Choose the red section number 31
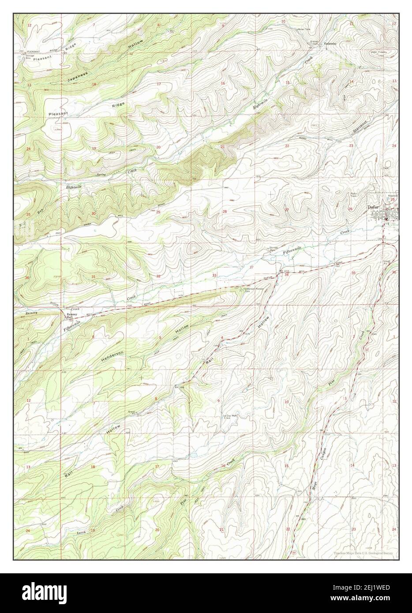click(x=94, y=277)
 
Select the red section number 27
click(x=287, y=210)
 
